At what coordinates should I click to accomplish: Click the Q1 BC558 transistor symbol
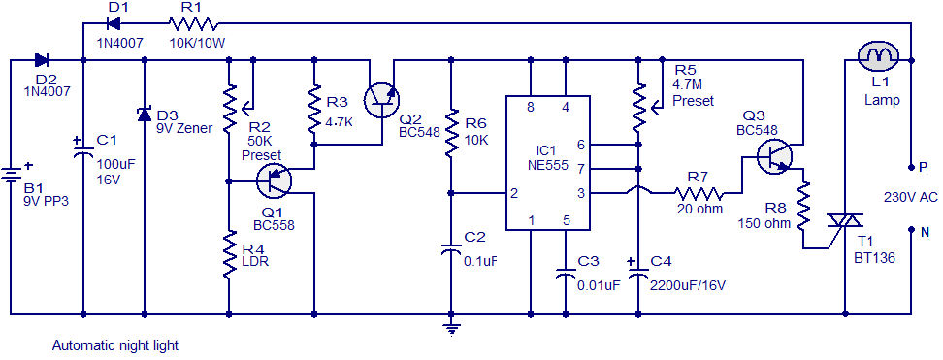pyautogui.click(x=275, y=180)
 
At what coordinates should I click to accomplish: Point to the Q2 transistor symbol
pyautogui.click(x=382, y=99)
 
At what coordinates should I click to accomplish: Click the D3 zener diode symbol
pyautogui.click(x=145, y=114)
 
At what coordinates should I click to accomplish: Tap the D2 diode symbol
pyautogui.click(x=42, y=59)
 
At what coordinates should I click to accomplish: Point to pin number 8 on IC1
pyautogui.click(x=531, y=109)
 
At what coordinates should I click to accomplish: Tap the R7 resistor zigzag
pyautogui.click(x=699, y=193)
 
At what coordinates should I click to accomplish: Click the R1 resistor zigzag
pyautogui.click(x=193, y=24)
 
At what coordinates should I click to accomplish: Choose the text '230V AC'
pyautogui.click(x=911, y=196)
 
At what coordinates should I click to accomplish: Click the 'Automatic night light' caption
pyautogui.click(x=115, y=346)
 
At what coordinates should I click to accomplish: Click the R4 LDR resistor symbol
pyautogui.click(x=229, y=256)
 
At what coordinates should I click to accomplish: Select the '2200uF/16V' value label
pyautogui.click(x=688, y=285)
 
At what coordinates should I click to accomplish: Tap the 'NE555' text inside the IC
pyautogui.click(x=548, y=166)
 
